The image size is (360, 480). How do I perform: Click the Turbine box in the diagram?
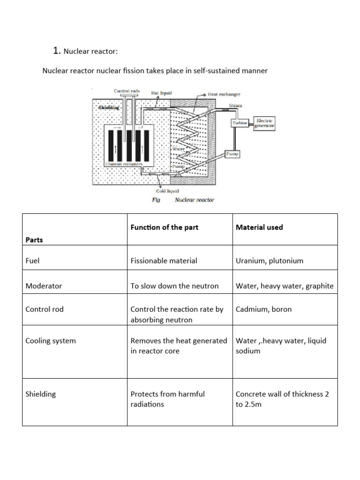239,123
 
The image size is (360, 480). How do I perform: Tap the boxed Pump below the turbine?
232,153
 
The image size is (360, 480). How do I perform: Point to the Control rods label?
127,90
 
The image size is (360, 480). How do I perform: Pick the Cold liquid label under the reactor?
167,191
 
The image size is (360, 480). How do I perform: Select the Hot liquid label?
162,93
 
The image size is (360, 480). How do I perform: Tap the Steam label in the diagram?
235,106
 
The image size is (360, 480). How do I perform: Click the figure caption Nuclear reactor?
195,200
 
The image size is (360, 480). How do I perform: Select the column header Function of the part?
164,227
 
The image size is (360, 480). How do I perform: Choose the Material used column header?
259,227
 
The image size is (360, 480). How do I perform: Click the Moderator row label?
44,285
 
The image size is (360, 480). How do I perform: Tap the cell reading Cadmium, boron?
263,309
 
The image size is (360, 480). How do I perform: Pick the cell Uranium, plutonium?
270,261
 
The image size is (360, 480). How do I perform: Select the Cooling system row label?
50,341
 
